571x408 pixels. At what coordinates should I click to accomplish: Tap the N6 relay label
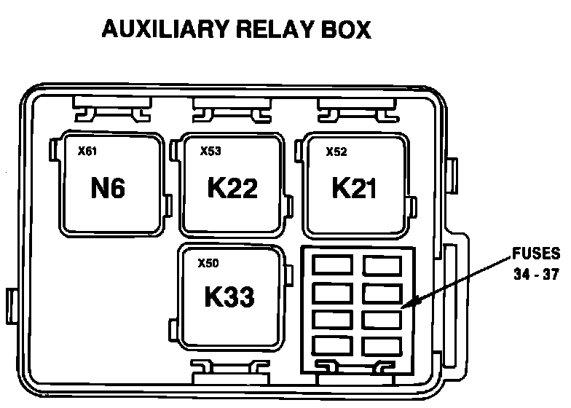point(108,189)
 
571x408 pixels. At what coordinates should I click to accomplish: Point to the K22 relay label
point(232,189)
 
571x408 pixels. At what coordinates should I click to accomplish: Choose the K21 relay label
point(355,188)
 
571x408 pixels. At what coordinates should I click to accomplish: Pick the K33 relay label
point(229,297)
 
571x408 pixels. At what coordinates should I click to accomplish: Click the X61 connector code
point(87,152)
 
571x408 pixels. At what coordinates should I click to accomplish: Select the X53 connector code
point(210,152)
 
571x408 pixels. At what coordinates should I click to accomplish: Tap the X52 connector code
point(336,152)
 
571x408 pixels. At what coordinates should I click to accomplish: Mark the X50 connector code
point(208,263)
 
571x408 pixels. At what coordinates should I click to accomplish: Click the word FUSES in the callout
point(536,254)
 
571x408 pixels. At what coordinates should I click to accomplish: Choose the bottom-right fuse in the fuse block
point(382,345)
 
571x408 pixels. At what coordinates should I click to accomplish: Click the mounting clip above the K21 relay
point(350,112)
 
